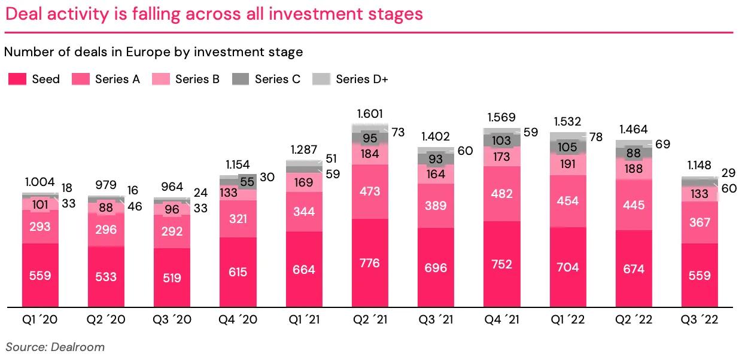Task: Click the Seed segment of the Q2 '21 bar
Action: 370,263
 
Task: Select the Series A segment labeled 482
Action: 501,194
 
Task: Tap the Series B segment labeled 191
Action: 567,165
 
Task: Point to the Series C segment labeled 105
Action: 567,147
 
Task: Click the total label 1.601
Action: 370,114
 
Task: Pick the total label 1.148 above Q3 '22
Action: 699,164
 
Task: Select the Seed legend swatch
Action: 17,79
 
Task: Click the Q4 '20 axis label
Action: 238,320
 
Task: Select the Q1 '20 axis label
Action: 41,320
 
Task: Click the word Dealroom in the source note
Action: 78,347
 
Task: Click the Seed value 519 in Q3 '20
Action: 172,277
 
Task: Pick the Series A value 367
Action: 699,222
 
